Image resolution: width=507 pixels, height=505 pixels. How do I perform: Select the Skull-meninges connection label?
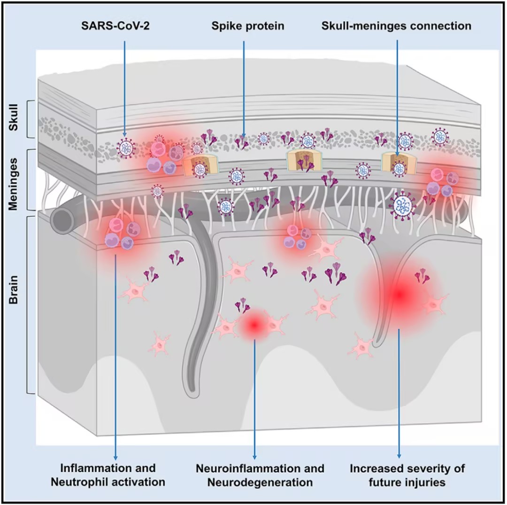pyautogui.click(x=397, y=26)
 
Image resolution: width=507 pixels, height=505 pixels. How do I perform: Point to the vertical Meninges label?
pyautogui.click(x=15, y=179)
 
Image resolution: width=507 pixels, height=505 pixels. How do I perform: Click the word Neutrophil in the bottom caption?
pyautogui.click(x=91, y=482)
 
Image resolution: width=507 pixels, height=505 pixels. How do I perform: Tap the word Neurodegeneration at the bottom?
pyautogui.click(x=260, y=482)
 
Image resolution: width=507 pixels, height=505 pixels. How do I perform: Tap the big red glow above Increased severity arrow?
pyautogui.click(x=399, y=295)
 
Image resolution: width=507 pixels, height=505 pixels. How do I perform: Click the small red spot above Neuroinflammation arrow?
pyautogui.click(x=254, y=324)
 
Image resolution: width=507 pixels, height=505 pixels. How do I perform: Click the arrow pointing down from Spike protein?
pyautogui.click(x=244, y=85)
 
